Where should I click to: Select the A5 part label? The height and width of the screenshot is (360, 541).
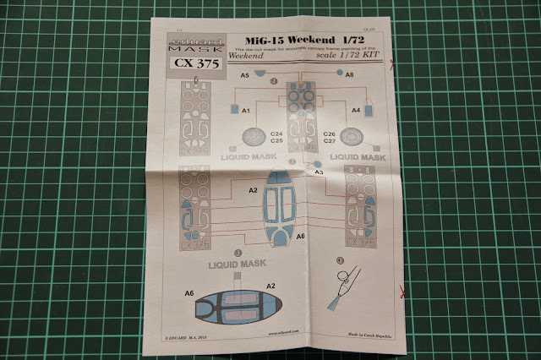click(245, 76)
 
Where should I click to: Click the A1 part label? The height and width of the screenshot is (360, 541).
click(247, 111)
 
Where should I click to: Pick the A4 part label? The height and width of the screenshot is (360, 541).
click(356, 110)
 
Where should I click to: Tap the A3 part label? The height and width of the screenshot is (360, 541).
click(319, 172)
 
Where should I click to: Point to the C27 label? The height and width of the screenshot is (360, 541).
click(331, 141)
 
